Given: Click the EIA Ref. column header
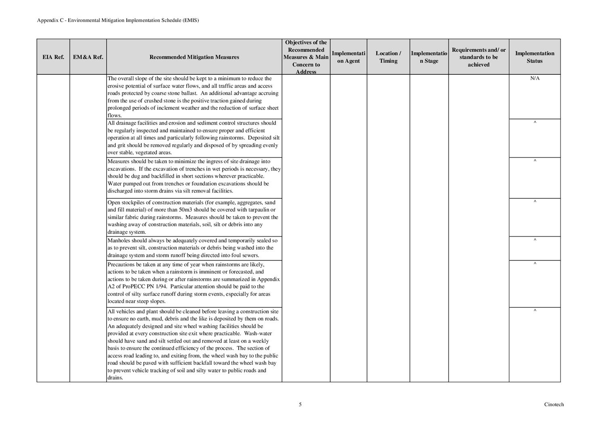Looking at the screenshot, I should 53,57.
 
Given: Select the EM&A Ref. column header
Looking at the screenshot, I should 88,57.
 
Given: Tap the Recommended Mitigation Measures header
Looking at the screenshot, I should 194,57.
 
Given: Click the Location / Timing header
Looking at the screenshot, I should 388,57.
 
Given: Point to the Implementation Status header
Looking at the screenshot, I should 534,57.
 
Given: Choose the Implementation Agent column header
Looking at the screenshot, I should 348,57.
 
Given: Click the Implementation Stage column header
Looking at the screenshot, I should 429,57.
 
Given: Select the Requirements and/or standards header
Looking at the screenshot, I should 478,57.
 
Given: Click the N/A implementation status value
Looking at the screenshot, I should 534,78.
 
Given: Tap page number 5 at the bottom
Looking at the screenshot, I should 300,404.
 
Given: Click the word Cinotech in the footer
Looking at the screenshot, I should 554,404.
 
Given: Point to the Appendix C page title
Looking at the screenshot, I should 118,20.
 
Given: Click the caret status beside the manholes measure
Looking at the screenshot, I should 535,240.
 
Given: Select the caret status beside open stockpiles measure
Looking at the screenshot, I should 535,202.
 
